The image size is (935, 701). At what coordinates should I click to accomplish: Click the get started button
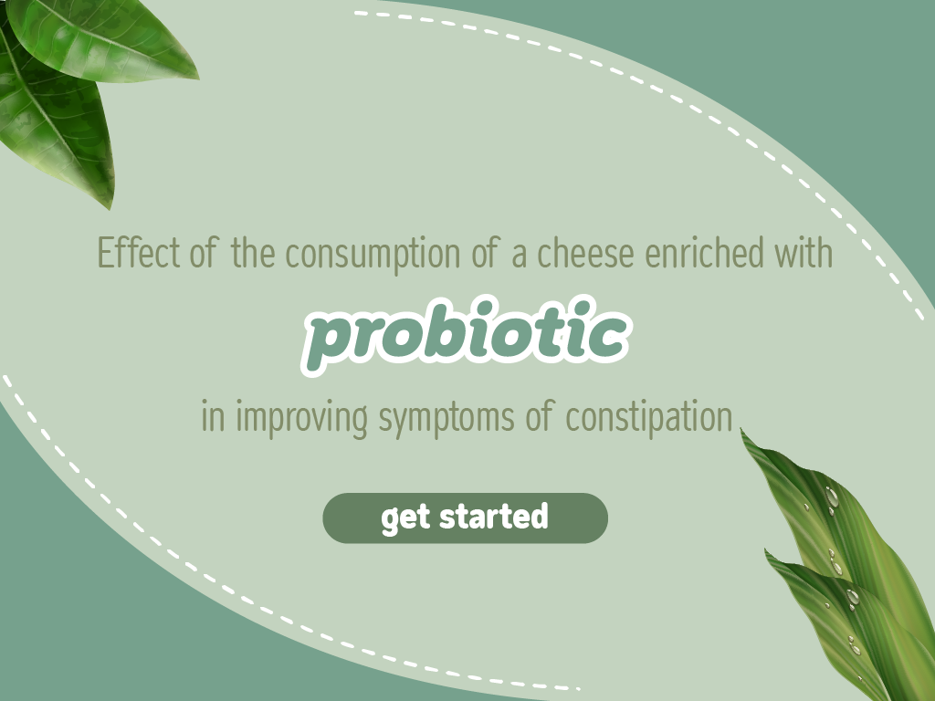pyautogui.click(x=465, y=518)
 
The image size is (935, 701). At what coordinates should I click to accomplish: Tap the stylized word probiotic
pyautogui.click(x=465, y=335)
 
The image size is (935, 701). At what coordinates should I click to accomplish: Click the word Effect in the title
pyautogui.click(x=139, y=252)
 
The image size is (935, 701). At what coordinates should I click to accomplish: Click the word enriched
pyautogui.click(x=704, y=252)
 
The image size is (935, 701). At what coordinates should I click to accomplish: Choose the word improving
pyautogui.click(x=301, y=417)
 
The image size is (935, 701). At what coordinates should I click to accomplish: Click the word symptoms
pyautogui.click(x=446, y=418)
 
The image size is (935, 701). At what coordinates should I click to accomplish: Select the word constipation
pyautogui.click(x=649, y=417)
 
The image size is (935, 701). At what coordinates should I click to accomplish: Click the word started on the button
pyautogui.click(x=494, y=517)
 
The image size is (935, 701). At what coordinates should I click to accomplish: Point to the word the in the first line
pyautogui.click(x=254, y=252)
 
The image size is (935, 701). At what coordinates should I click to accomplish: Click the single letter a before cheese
pyautogui.click(x=519, y=257)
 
